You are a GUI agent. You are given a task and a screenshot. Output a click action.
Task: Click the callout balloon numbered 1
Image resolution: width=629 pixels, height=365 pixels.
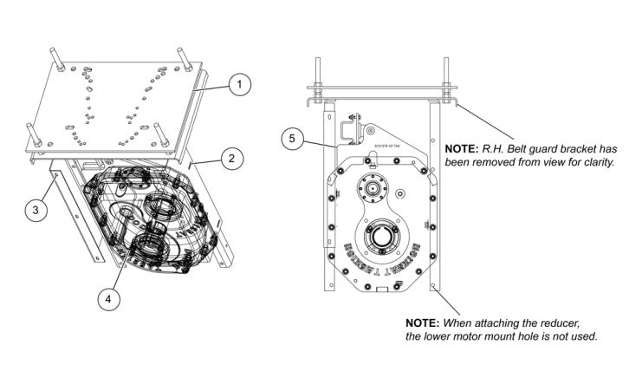point(240,84)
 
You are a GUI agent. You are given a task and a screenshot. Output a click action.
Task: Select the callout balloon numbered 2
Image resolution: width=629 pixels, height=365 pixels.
point(232,158)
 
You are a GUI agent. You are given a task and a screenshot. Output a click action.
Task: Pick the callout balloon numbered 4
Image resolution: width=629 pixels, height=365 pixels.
point(107,298)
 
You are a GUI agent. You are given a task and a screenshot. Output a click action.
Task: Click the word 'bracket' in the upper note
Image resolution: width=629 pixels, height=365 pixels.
point(574,148)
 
